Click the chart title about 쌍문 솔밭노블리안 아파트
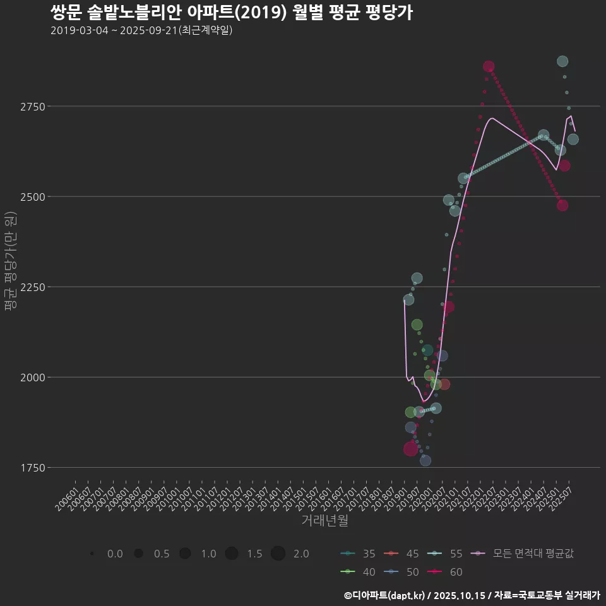pos(231,13)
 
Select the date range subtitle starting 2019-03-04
pos(141,30)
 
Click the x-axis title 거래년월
pos(324,521)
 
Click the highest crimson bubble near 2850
pos(489,66)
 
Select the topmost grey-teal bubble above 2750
pos(562,61)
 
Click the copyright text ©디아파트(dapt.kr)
pos(385,595)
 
